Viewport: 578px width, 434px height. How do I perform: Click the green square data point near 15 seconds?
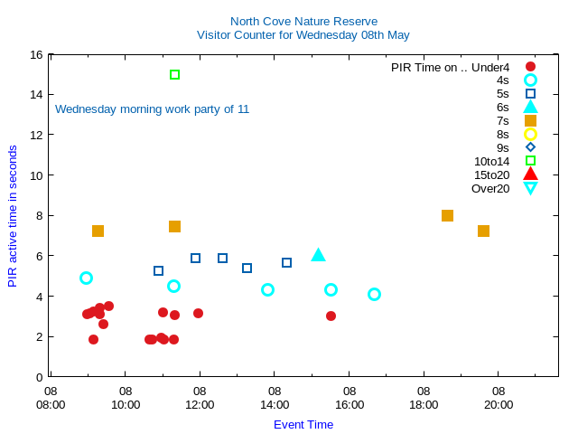point(174,74)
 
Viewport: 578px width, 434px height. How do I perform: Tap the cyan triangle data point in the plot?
point(318,255)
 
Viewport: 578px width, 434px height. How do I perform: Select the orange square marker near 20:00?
point(483,231)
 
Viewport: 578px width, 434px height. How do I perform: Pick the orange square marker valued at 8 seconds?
point(447,215)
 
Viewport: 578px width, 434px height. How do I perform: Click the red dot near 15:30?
point(331,316)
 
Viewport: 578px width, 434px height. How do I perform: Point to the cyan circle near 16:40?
point(374,294)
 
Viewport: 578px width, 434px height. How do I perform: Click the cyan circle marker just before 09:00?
point(86,278)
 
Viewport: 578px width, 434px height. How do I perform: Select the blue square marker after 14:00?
point(286,262)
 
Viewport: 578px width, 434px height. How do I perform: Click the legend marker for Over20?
point(530,188)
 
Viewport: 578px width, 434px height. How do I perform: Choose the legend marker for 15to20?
point(530,175)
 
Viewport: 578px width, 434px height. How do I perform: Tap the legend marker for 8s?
point(530,134)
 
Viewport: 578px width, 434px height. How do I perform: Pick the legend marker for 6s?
point(530,107)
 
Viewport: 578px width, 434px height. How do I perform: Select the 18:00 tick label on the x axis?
point(424,398)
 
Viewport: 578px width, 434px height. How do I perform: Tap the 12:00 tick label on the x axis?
point(200,398)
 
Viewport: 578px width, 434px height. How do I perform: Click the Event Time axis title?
point(303,424)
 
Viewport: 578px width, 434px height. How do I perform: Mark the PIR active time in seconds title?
point(13,216)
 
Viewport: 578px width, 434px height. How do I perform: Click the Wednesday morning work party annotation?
point(152,109)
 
